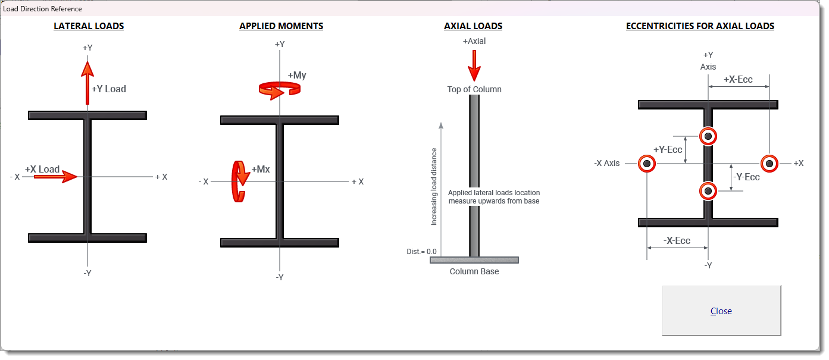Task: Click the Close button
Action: [721, 311]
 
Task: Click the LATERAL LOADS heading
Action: [89, 26]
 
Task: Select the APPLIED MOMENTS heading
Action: [281, 26]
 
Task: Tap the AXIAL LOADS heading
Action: [473, 26]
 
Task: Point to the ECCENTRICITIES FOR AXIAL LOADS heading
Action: [700, 26]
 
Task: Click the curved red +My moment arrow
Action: [279, 89]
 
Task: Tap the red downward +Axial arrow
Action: [474, 65]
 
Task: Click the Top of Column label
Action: [474, 89]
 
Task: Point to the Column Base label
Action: [474, 271]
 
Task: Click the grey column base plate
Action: [474, 260]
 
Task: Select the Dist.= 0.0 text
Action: [421, 252]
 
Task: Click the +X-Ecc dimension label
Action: [738, 80]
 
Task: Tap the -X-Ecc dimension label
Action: [677, 241]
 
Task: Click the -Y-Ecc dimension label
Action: [747, 177]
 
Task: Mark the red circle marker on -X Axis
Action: [646, 164]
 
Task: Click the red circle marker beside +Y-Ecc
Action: [708, 136]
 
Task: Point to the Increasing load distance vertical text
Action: [434, 186]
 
